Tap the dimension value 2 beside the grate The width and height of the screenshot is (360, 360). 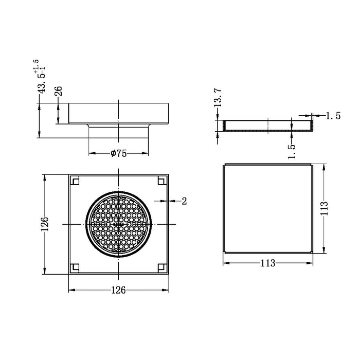[184, 201]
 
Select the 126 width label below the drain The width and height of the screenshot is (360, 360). [119, 290]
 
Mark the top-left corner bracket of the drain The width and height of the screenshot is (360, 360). [75, 181]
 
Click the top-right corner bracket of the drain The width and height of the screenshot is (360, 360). [162, 181]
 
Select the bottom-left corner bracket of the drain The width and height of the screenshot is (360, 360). [75, 267]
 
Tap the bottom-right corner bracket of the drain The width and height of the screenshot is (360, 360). [162, 267]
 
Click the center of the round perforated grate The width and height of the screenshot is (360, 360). [119, 224]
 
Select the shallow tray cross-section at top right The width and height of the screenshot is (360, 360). [268, 126]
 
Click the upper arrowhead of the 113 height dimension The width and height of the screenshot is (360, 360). [324, 167]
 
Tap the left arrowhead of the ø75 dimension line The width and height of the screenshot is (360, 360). [91, 153]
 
